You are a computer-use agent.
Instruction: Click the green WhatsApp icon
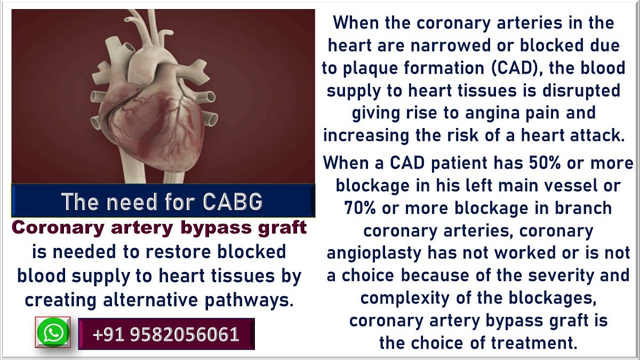pos(53,333)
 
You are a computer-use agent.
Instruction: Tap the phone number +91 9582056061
pos(166,334)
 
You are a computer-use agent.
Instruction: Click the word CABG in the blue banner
pos(233,202)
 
